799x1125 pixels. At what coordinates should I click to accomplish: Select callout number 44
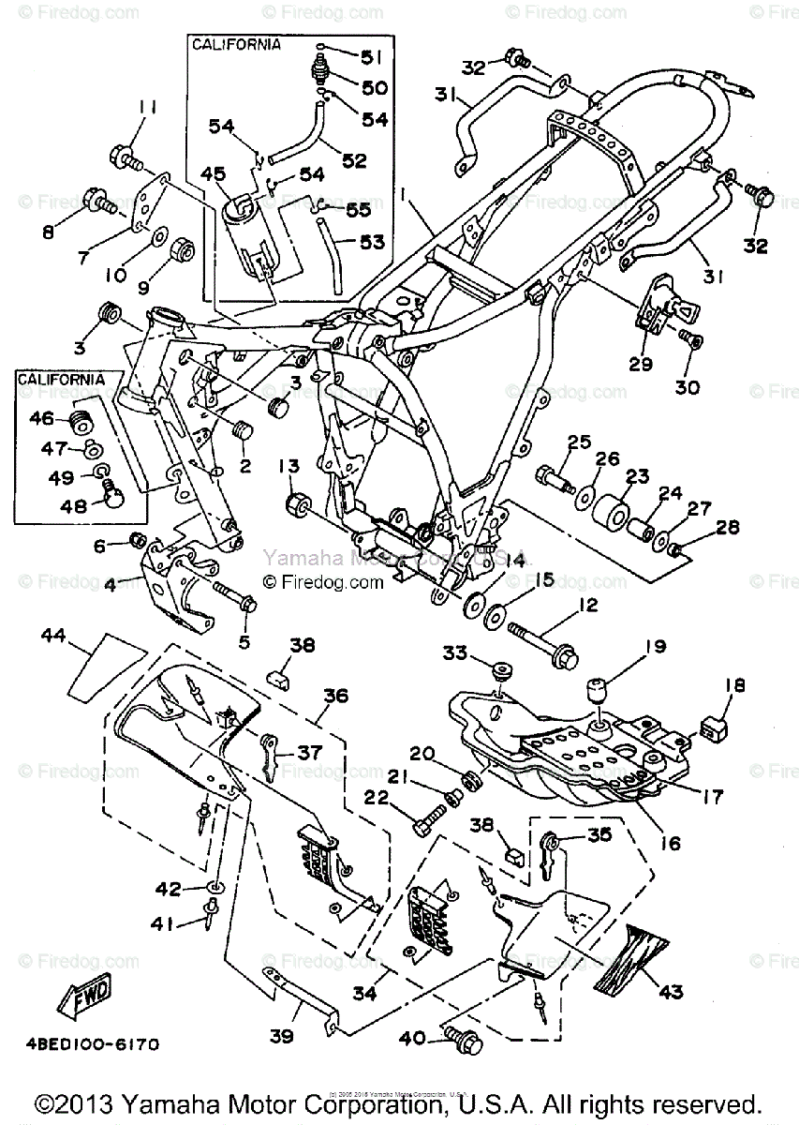click(x=52, y=637)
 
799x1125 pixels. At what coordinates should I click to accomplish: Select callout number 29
click(x=641, y=364)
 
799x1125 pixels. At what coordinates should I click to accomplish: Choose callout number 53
click(x=373, y=243)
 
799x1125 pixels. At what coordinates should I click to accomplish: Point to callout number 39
click(x=282, y=1036)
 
